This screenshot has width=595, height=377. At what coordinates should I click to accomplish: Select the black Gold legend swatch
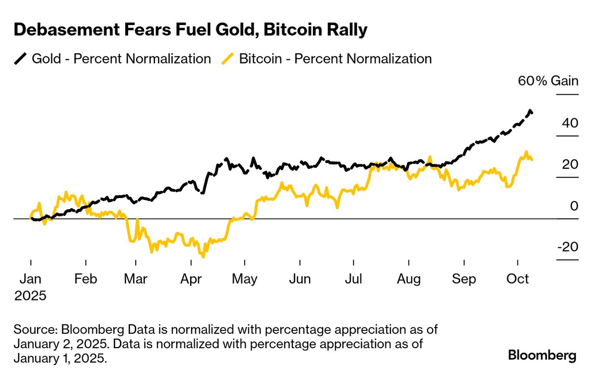[21, 59]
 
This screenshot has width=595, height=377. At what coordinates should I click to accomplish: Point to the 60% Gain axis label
[548, 80]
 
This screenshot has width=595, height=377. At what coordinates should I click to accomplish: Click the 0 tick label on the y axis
[574, 206]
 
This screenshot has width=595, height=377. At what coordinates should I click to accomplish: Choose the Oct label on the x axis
[517, 279]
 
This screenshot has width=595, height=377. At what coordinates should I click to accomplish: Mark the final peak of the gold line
[530, 111]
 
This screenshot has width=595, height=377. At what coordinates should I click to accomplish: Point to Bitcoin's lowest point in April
[203, 256]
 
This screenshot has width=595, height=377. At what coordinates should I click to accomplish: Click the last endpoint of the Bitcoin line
[531, 160]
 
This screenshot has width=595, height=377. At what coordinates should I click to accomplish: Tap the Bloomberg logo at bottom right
[542, 355]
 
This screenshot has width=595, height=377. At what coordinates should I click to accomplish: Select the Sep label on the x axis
[464, 279]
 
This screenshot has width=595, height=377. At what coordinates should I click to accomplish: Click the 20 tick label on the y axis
[570, 164]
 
